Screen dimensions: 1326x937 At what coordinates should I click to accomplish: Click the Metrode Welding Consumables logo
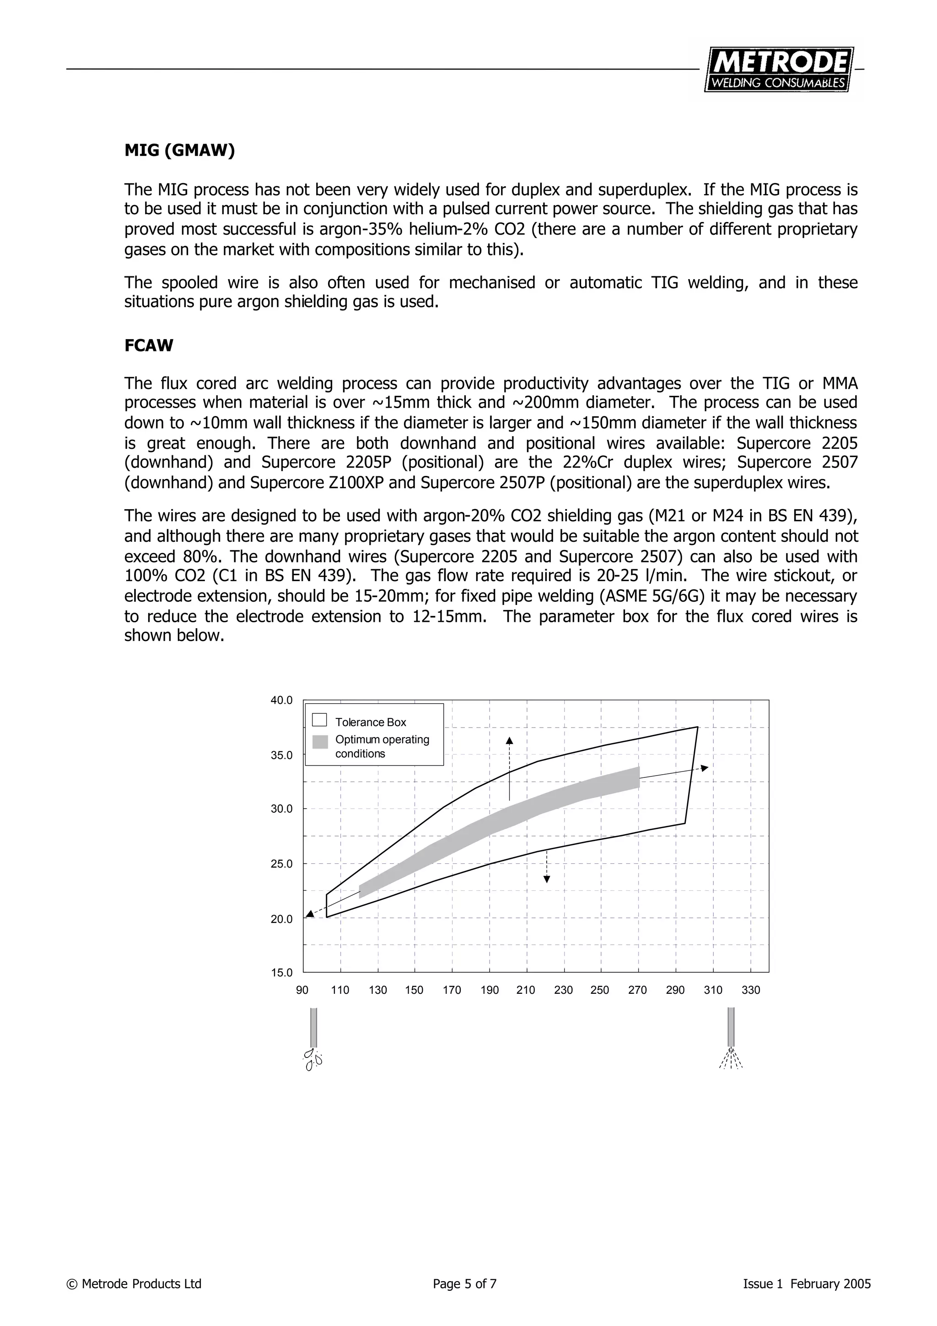779,69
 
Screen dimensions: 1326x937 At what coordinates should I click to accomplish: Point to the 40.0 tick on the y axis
282,700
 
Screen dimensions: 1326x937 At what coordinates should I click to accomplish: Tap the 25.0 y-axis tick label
282,864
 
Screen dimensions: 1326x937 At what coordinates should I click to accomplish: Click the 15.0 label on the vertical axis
282,973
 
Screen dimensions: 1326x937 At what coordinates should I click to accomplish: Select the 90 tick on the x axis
302,991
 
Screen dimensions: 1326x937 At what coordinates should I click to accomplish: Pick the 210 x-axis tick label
526,991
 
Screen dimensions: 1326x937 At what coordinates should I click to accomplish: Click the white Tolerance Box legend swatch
319,720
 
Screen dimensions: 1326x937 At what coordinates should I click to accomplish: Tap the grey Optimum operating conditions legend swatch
320,742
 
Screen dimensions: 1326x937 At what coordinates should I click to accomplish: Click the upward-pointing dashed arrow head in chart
509,741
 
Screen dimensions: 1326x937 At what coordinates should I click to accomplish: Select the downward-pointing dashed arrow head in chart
547,879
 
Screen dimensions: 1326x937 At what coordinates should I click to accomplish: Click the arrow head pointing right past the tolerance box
704,768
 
